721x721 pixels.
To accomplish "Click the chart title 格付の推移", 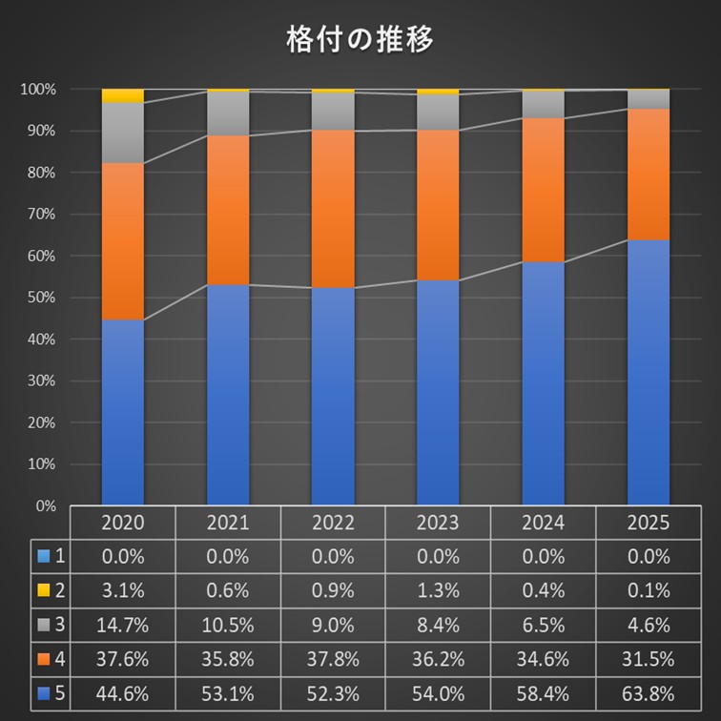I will [360, 40].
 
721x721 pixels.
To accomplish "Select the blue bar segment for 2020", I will [122, 412].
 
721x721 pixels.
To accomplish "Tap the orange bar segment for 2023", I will [438, 205].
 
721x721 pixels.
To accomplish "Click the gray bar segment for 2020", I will [122, 133].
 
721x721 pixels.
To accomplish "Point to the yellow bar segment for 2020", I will [122, 95].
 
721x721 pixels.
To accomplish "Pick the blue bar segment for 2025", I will [648, 372].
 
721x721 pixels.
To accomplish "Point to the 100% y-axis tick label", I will [37, 90].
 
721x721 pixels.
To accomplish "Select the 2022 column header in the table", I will [333, 523].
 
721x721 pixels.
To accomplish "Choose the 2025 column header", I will [648, 523].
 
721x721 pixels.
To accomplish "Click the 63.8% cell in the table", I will [648, 693].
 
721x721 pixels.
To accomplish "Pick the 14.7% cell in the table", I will [122, 625].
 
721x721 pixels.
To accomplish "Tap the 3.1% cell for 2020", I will [122, 590].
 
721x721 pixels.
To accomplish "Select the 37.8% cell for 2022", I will [333, 659].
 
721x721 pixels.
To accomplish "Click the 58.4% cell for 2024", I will [543, 693].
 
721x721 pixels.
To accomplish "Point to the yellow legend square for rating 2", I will [43, 591].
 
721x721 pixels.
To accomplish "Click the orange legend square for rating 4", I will [43, 660].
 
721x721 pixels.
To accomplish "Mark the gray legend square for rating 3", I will [43, 626].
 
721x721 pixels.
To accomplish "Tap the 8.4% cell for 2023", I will [438, 625].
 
